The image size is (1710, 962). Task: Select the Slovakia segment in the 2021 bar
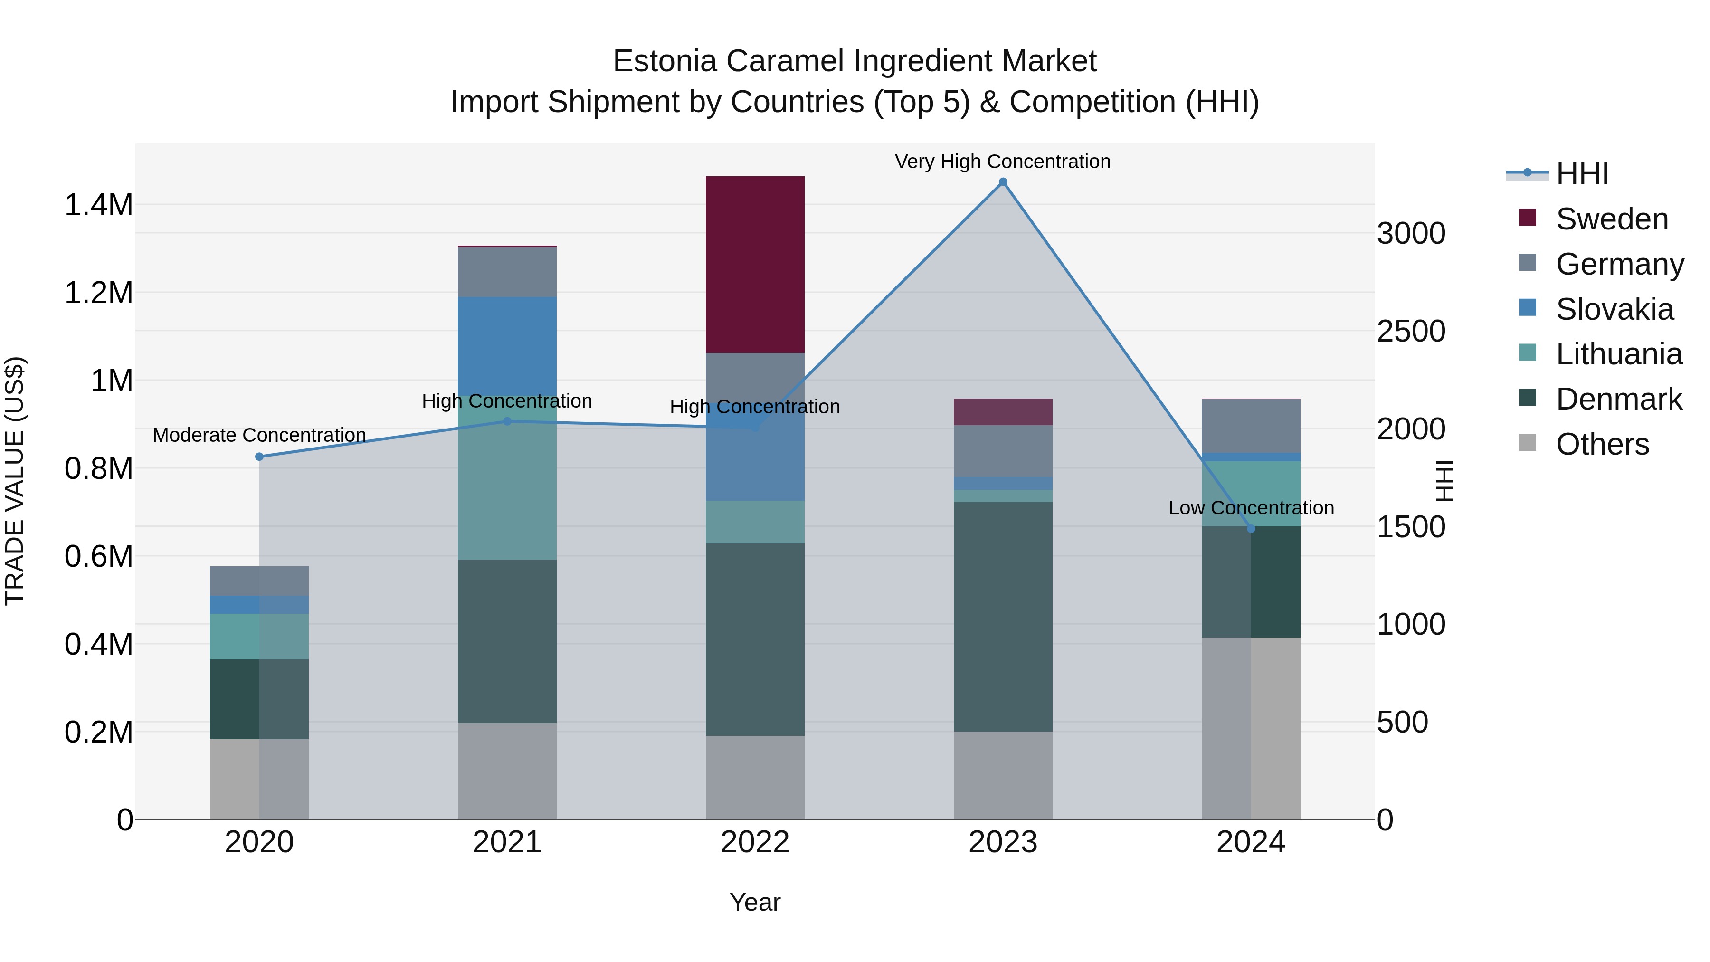coord(507,345)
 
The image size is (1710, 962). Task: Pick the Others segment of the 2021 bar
coord(507,770)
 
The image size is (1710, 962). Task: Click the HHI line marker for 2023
coord(1003,182)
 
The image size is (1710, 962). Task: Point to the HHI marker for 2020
coord(259,457)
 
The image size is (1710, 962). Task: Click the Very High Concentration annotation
coord(1002,162)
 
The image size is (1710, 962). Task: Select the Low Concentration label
coord(1251,508)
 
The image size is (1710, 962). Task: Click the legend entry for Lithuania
coord(1618,354)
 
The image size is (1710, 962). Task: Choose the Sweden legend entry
coord(1611,219)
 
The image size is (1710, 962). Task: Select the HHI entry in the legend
coord(1581,174)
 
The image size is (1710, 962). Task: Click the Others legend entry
coord(1602,444)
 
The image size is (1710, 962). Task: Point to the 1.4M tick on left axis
coord(98,205)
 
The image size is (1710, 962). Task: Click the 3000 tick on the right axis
coord(1411,234)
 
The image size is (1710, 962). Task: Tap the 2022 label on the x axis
coord(755,842)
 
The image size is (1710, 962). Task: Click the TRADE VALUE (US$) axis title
coord(15,481)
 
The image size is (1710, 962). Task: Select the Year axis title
coord(755,902)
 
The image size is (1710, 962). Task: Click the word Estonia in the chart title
coord(665,61)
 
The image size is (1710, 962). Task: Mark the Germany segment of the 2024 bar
coord(1251,426)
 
